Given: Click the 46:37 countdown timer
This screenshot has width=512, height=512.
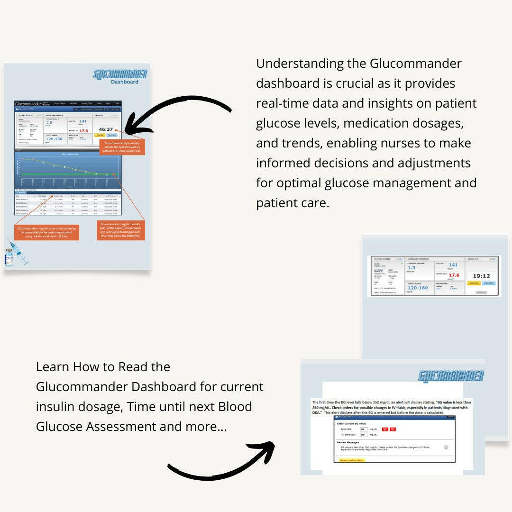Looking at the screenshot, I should pos(105,129).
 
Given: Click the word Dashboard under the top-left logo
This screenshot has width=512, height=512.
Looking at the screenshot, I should pos(125,82).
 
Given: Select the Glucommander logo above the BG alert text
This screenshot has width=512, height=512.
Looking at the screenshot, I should pos(451,376).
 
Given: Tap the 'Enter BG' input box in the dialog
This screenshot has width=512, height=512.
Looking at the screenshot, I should pos(364,429).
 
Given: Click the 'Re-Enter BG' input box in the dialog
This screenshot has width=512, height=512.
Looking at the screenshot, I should pos(364,434).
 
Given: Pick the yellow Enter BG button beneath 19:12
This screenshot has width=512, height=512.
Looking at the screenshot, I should pos(474,283).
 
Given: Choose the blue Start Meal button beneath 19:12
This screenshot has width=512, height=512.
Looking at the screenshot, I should pos(489,283).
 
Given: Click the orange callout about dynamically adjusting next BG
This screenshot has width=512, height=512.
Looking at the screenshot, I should pos(122,147).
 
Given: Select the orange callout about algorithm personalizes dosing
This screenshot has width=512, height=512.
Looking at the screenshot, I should pos(46,232).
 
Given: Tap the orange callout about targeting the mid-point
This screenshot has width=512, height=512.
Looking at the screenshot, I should pos(120,230).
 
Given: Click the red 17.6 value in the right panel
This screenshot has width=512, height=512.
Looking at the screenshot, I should pos(454,275).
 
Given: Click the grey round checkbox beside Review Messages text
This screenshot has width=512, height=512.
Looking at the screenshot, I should pos(446,447).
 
